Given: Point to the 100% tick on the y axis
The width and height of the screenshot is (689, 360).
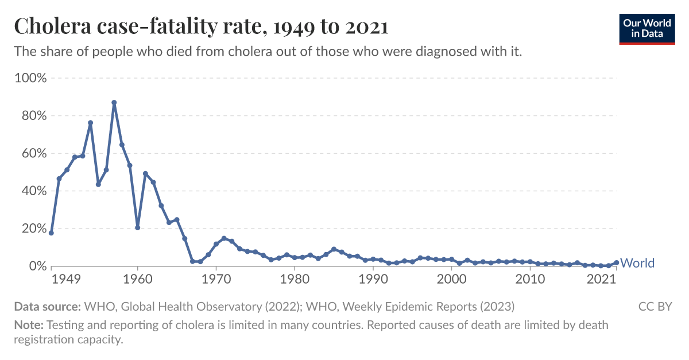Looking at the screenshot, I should pos(30,78).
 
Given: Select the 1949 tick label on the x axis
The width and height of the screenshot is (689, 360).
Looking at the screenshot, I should pos(65,280).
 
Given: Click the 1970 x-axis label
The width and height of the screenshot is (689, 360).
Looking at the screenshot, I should pos(216,280).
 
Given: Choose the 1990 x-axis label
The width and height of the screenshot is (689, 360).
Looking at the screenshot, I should pos(373,280).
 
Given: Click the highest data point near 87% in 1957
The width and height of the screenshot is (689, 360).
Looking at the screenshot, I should pos(114,103).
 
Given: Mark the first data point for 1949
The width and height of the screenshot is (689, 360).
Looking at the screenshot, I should pos(51,233).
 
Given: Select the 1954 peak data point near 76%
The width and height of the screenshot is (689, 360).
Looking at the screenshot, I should pos(90,123).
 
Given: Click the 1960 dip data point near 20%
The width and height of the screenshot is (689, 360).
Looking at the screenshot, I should pos(137,227).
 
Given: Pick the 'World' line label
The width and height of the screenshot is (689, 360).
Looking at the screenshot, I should pos(637,263).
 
